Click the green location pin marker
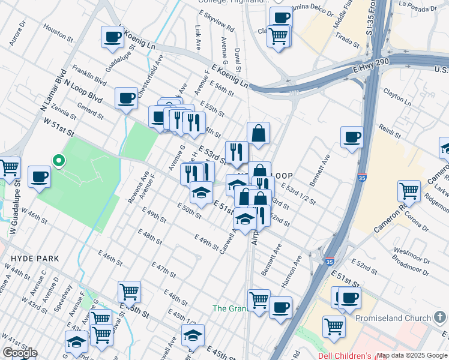click(58, 160)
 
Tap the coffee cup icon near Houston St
click(112, 37)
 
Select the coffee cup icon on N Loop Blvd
click(126, 98)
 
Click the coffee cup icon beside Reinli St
click(352, 137)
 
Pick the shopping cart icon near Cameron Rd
click(409, 191)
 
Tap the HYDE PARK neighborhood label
click(35, 259)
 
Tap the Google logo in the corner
click(20, 353)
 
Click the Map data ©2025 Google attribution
click(412, 356)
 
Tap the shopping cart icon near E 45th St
click(129, 292)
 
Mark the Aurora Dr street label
click(17, 35)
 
